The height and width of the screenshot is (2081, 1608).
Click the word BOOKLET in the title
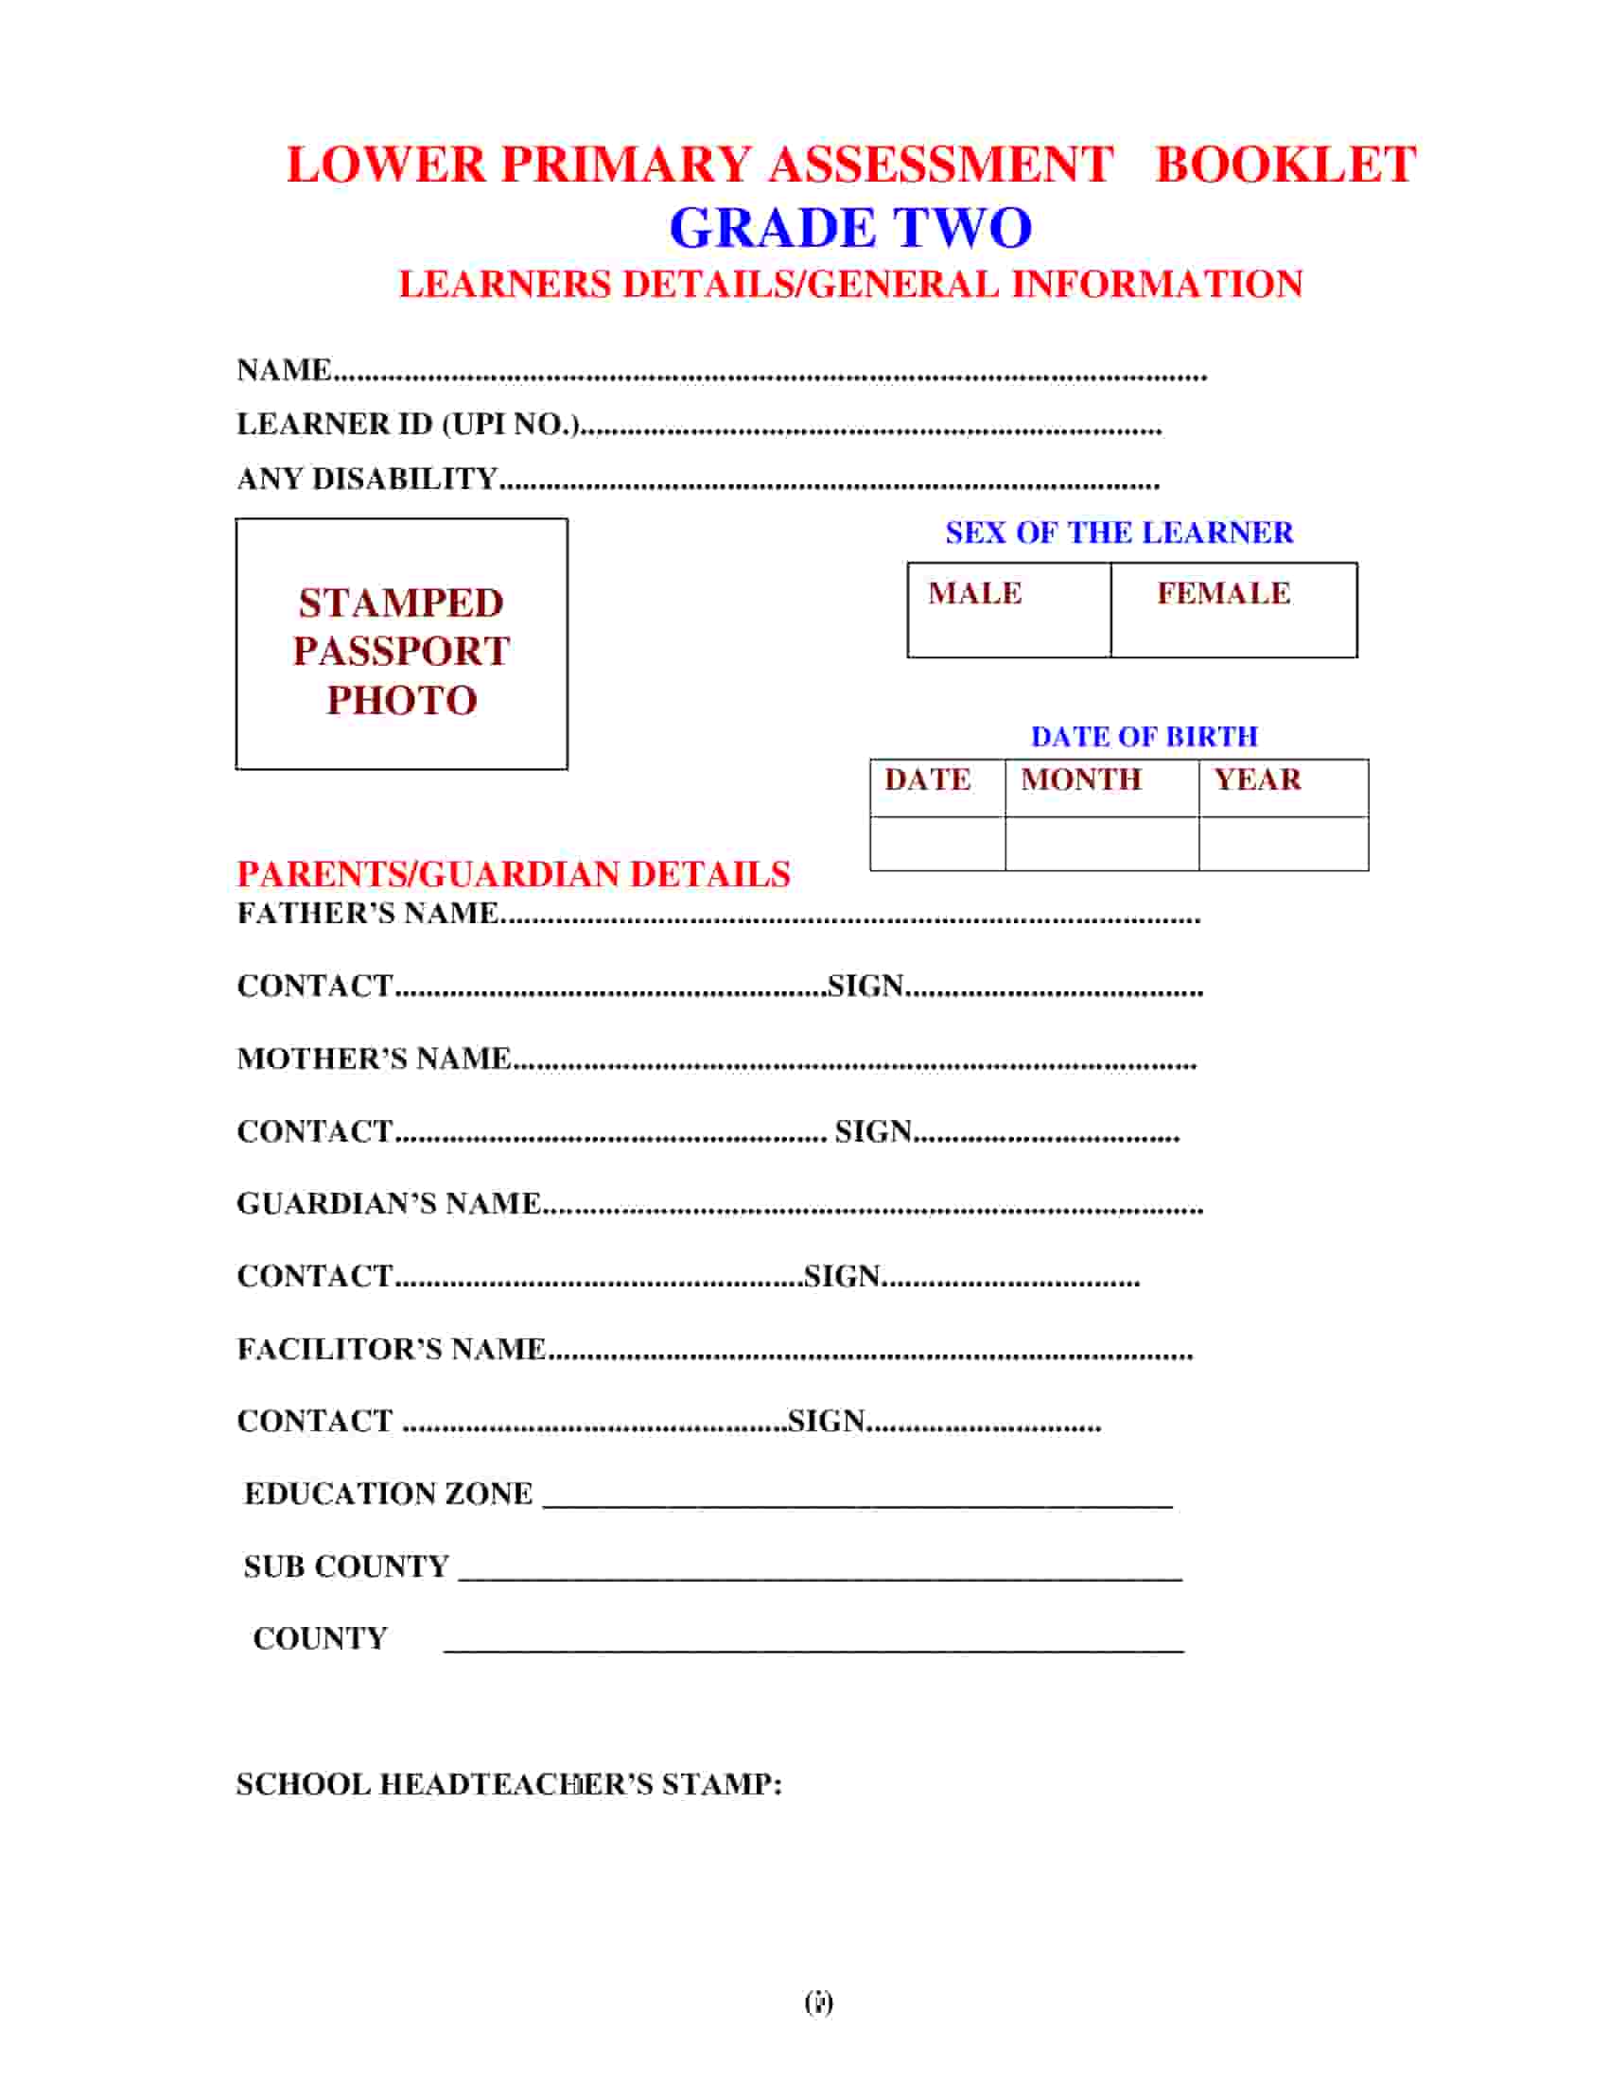click(1285, 164)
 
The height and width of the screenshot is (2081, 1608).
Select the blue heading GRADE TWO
click(849, 228)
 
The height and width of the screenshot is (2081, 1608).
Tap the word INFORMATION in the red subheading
click(1157, 285)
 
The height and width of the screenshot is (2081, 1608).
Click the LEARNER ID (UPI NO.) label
click(408, 424)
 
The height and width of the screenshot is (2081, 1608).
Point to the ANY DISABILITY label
click(367, 479)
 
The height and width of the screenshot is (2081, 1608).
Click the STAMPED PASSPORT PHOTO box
click(401, 644)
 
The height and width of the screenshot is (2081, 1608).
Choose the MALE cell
click(1008, 610)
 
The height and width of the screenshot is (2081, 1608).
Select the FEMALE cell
click(1232, 610)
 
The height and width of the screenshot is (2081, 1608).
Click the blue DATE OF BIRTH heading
click(1145, 737)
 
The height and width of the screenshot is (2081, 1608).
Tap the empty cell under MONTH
click(1101, 843)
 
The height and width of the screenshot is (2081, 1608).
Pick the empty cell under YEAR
click(1284, 843)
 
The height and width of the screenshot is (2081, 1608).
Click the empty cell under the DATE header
click(937, 843)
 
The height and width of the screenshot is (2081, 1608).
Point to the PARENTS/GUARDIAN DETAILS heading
click(514, 874)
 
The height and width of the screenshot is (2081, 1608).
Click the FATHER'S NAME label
click(368, 913)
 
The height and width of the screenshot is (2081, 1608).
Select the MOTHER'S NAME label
click(374, 1058)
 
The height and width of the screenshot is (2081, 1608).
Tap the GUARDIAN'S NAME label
click(389, 1203)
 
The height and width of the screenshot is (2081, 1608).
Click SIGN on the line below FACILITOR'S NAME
click(826, 1421)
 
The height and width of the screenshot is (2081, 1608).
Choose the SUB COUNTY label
click(346, 1566)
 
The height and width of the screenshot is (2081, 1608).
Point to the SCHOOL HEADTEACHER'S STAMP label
click(509, 1784)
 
